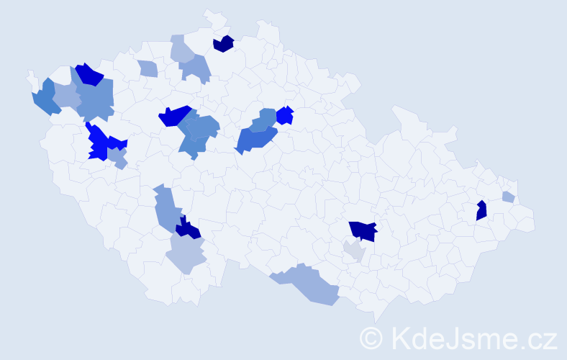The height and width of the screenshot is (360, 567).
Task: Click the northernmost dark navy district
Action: coord(224,44)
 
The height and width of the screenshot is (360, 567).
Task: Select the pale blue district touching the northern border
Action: coord(181,49)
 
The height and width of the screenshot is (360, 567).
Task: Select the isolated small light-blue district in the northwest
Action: coord(148,69)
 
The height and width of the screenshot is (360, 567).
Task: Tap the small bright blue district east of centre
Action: coord(285,115)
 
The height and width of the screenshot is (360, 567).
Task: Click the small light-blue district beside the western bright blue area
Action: coord(118,157)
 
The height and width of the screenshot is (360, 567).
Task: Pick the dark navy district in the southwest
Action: coord(189,229)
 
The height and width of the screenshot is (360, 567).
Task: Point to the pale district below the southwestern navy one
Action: coord(186,254)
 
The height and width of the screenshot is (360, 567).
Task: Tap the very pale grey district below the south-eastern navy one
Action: coord(354,251)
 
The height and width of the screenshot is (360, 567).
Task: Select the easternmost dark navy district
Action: coord(481,210)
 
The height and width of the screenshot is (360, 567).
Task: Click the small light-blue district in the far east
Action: coord(508,197)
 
